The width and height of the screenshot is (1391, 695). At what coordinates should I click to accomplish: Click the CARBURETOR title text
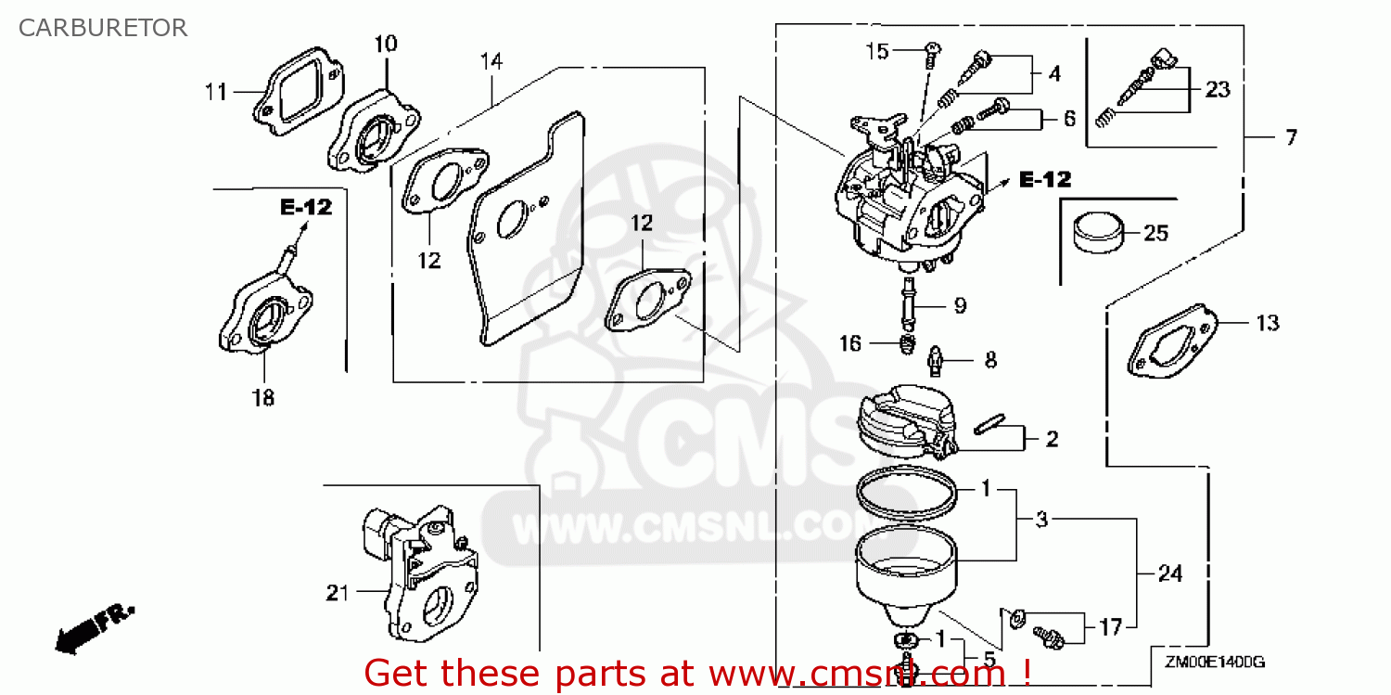click(102, 28)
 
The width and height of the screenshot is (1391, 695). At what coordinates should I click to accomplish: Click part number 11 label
click(216, 92)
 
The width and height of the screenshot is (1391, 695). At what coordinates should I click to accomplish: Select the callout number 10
click(386, 43)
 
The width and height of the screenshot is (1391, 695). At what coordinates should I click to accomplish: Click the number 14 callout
click(491, 62)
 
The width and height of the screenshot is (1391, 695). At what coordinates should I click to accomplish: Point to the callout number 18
click(263, 397)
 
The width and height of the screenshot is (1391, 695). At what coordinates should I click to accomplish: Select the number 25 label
click(1155, 233)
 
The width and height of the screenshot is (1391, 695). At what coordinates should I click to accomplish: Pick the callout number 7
click(1291, 137)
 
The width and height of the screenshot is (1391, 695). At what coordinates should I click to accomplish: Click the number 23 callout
click(1218, 90)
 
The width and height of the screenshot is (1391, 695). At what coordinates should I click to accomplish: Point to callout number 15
click(877, 51)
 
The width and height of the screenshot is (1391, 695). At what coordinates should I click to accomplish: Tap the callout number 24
click(1170, 574)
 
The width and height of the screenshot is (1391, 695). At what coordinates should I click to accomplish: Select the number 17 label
click(1110, 627)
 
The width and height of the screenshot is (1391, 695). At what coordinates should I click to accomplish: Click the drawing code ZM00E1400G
click(1215, 663)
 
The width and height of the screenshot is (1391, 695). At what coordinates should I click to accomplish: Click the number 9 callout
click(960, 304)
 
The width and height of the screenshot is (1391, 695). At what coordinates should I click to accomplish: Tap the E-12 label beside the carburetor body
click(1045, 180)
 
